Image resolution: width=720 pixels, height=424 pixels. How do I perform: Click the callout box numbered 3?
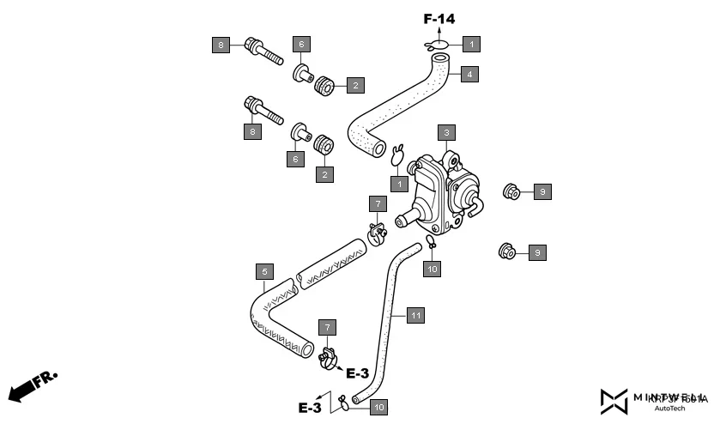pyautogui.click(x=445, y=132)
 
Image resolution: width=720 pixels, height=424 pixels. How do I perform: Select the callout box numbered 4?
pyautogui.click(x=468, y=74)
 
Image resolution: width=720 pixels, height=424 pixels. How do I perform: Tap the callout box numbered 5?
pyautogui.click(x=265, y=272)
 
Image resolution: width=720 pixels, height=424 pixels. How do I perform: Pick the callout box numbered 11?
pyautogui.click(x=414, y=316)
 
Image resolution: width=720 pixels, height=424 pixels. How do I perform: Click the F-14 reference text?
pyautogui.click(x=439, y=17)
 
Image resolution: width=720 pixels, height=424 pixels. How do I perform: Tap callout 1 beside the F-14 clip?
pyautogui.click(x=471, y=42)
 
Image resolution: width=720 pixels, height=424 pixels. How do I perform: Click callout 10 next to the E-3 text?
pyautogui.click(x=378, y=406)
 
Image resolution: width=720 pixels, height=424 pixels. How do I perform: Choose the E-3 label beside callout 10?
pyautogui.click(x=310, y=408)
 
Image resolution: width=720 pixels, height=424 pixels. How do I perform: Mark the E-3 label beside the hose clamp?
pyautogui.click(x=357, y=373)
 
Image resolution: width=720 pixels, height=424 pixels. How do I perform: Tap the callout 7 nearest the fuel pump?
pyautogui.click(x=376, y=203)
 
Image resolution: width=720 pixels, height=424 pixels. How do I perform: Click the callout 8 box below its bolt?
pyautogui.click(x=251, y=131)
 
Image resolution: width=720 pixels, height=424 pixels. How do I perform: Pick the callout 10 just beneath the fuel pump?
pyautogui.click(x=433, y=269)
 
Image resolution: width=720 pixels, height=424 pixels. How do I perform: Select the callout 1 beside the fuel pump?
pyautogui.click(x=399, y=183)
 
